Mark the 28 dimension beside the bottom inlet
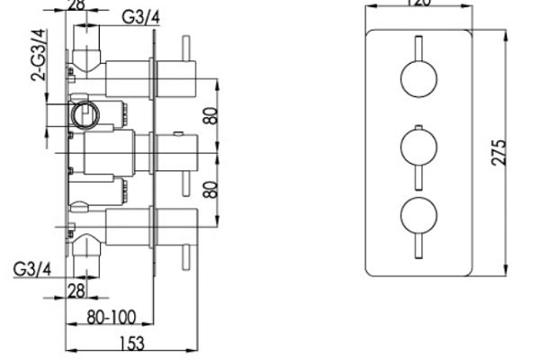pos(76,289)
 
